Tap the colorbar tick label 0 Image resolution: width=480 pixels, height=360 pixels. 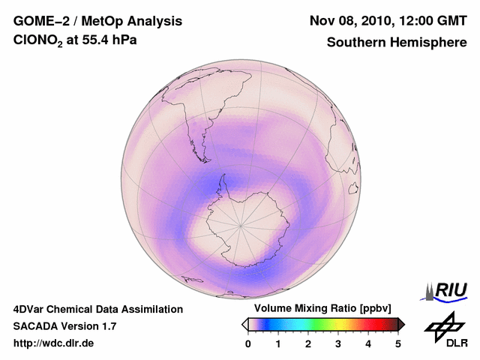point(248,343)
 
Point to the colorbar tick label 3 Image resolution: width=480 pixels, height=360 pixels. point(338,343)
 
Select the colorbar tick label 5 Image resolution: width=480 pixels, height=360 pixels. point(398,343)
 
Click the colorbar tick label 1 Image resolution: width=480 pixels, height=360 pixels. point(278,343)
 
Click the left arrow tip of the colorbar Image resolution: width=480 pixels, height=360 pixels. point(244,324)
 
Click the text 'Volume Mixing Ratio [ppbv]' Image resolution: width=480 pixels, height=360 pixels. point(319,309)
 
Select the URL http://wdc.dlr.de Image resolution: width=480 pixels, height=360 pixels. point(54,343)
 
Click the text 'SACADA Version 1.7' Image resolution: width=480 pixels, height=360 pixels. point(64,326)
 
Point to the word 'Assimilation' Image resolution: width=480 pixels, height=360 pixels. point(152,309)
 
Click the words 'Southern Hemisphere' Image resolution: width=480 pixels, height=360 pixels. point(397,43)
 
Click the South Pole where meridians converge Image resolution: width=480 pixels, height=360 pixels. point(241,223)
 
